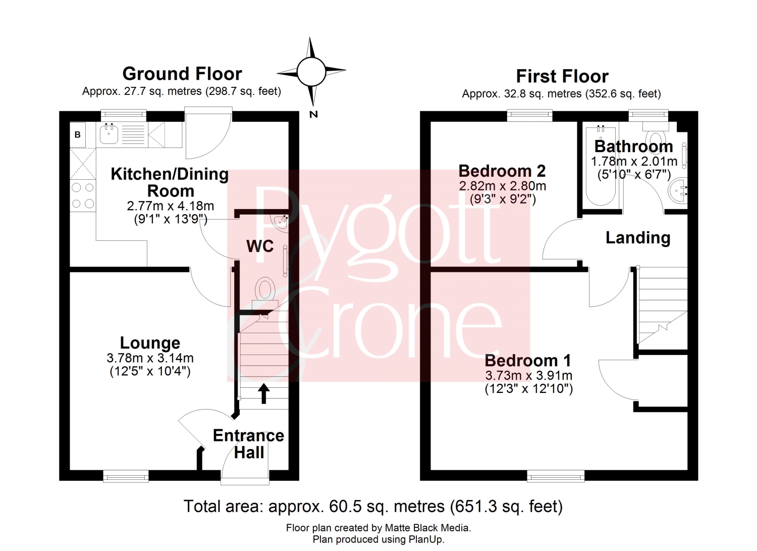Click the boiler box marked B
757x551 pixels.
(77, 135)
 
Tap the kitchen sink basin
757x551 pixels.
(109, 134)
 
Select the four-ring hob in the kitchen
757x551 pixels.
(83, 195)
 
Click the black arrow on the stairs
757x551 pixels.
(263, 393)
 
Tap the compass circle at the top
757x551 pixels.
(311, 72)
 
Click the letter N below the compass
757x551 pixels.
(313, 114)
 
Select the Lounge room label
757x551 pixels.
(150, 343)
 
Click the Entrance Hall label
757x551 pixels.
(249, 444)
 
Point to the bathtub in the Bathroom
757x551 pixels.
(601, 166)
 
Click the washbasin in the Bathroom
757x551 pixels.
(678, 191)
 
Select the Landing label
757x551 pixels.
(638, 238)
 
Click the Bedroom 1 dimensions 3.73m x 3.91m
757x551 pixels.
(528, 375)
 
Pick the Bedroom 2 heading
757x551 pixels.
(502, 171)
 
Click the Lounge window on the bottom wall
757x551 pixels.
(126, 476)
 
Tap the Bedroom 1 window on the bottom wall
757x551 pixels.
(556, 476)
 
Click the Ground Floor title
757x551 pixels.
(182, 74)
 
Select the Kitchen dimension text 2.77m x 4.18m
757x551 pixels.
(171, 206)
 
